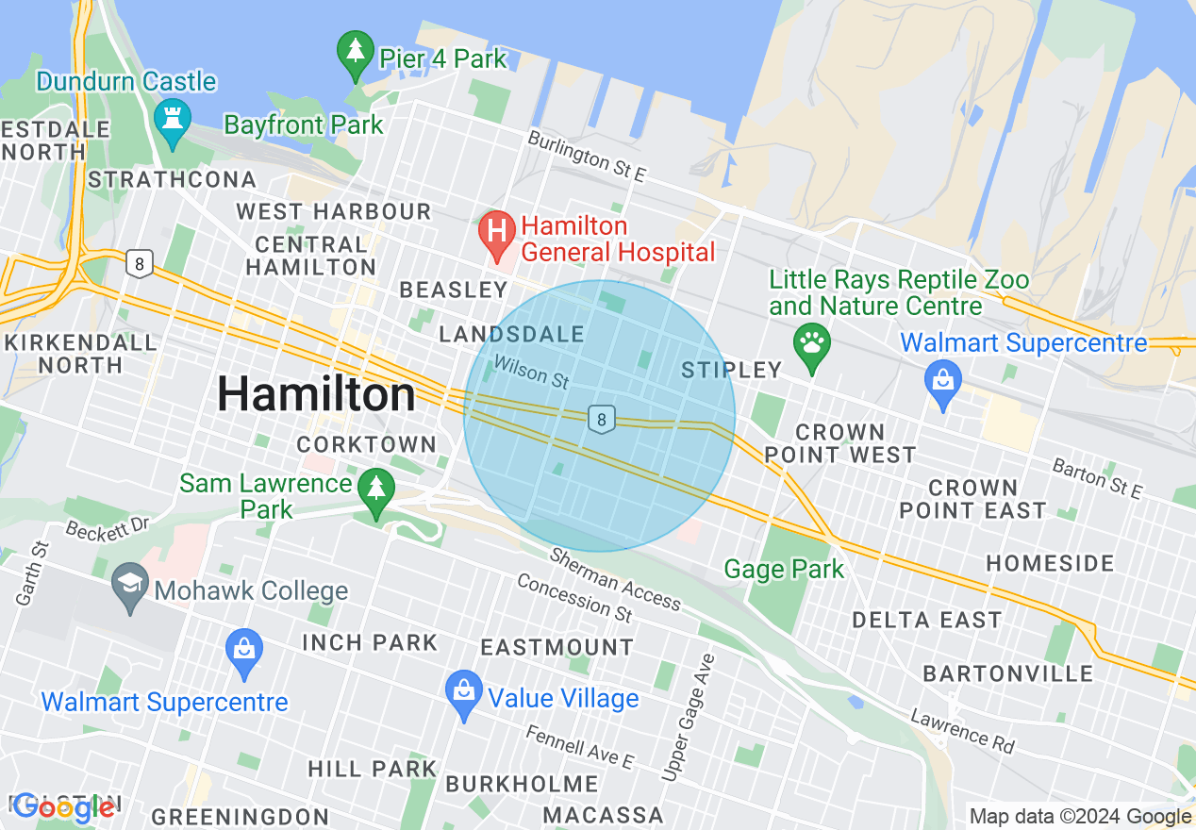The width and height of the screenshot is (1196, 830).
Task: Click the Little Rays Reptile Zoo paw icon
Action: [812, 345]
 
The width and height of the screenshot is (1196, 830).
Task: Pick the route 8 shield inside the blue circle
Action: [601, 419]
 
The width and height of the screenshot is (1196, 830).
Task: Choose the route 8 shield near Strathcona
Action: [140, 263]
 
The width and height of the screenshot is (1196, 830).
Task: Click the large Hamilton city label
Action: [316, 394]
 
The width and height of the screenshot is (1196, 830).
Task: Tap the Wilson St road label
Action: [532, 373]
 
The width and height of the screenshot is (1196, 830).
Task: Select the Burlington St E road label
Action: [586, 156]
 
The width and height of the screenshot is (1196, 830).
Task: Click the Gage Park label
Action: [784, 570]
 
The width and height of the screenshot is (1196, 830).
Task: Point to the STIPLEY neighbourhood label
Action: [732, 370]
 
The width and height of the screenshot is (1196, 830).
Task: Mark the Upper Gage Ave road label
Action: [689, 717]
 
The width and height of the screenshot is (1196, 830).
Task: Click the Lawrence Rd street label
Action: [962, 731]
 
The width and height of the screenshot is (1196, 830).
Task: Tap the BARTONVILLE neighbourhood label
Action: [1007, 673]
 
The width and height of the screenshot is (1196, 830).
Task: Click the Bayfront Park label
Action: [304, 124]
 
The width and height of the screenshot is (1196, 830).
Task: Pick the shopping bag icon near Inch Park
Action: [244, 652]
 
